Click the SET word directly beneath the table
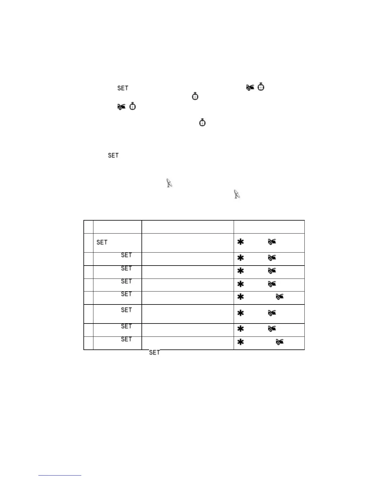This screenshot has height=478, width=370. click(154, 352)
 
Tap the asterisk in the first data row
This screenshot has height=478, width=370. click(240, 242)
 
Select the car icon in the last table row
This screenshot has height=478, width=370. click(280, 342)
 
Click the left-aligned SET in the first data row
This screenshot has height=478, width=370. click(102, 242)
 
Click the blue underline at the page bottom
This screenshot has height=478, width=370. click(60, 475)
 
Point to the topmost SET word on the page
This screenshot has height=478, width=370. click(123, 88)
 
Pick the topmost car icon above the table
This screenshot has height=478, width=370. click(250, 88)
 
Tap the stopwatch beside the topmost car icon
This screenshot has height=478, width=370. click(261, 87)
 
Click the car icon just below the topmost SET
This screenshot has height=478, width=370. click(121, 107)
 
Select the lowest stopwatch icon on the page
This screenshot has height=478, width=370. click(202, 123)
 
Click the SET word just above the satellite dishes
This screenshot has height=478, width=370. click(113, 155)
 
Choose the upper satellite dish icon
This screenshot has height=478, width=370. click(170, 183)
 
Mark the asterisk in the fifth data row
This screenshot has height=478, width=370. click(240, 297)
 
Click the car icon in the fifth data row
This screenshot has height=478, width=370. click(280, 297)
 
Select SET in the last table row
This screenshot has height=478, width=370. click(126, 339)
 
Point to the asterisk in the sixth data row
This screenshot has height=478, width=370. click(240, 313)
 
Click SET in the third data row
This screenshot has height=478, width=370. click(126, 268)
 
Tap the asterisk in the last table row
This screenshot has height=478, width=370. click(240, 342)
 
